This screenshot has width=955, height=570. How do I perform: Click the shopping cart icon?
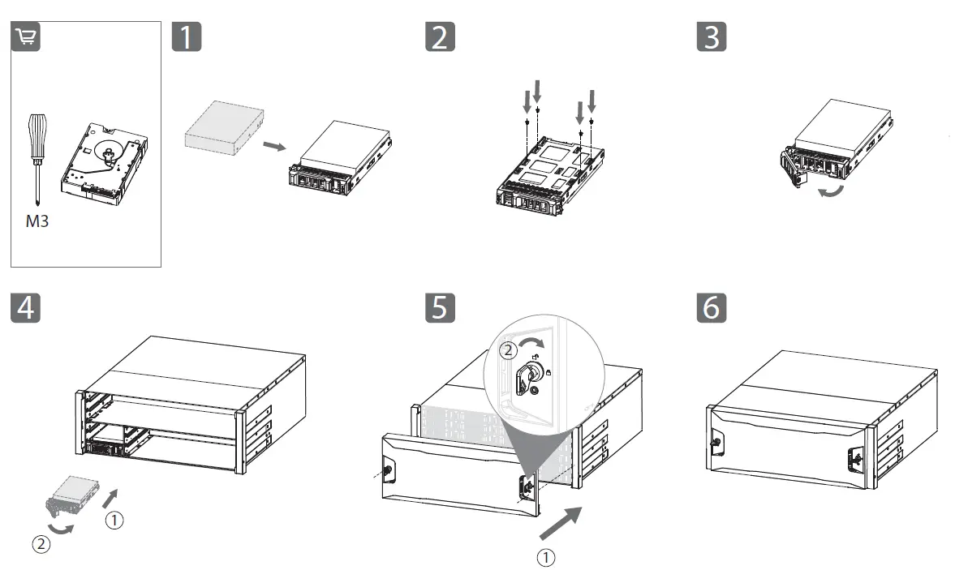(x=25, y=36)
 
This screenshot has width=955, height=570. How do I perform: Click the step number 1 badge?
(x=187, y=36)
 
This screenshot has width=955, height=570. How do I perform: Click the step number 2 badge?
(x=440, y=36)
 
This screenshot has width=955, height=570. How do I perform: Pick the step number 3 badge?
(x=711, y=36)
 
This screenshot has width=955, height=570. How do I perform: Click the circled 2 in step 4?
(x=40, y=544)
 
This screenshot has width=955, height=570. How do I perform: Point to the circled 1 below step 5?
(x=548, y=557)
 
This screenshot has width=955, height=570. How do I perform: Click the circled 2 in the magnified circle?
(x=507, y=351)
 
